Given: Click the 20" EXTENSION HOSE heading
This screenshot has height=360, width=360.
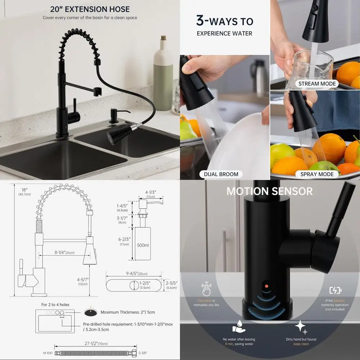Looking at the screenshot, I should pyautogui.click(x=90, y=9).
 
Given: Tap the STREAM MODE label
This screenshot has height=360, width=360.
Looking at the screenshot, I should pyautogui.click(x=317, y=84).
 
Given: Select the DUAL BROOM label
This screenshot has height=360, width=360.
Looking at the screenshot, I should pyautogui.click(x=221, y=174).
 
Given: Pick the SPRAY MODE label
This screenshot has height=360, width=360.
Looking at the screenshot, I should pyautogui.click(x=317, y=174).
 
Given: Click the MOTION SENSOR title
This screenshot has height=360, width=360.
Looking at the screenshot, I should pyautogui.click(x=270, y=191).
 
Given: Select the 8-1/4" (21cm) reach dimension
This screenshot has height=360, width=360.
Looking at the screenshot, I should pyautogui.click(x=64, y=252).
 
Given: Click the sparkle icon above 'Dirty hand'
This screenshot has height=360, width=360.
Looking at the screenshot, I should pyautogui.click(x=300, y=327).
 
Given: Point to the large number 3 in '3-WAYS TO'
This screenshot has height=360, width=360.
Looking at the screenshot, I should pyautogui.click(x=201, y=21).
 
